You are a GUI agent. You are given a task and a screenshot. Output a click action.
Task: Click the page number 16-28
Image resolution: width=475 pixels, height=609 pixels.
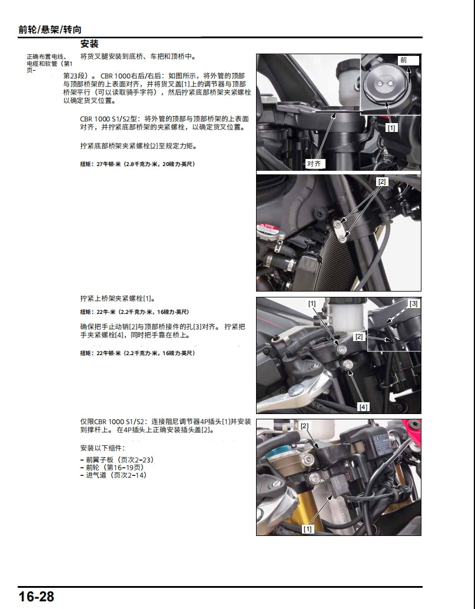(x=36, y=597)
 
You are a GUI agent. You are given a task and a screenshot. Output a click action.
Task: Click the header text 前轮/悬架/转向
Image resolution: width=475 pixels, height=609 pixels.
(x=50, y=29)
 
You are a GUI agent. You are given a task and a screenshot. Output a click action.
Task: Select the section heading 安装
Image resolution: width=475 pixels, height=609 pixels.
(x=89, y=44)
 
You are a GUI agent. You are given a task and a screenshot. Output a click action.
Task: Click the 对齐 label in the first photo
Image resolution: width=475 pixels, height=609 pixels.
(x=314, y=164)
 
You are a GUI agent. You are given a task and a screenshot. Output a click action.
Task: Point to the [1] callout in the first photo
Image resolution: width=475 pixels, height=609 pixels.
(x=391, y=127)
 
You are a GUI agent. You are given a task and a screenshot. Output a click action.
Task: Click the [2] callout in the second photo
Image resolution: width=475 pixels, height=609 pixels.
(x=383, y=182)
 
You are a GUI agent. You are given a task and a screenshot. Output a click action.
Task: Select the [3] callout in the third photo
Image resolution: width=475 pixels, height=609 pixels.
(x=414, y=303)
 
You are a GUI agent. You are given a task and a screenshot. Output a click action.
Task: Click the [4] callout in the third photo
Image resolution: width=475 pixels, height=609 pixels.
(x=364, y=406)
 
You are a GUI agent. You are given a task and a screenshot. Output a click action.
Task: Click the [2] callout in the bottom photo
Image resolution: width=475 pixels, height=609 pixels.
(x=304, y=426)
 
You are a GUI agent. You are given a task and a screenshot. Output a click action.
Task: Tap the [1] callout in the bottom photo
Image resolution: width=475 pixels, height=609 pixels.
(x=307, y=529)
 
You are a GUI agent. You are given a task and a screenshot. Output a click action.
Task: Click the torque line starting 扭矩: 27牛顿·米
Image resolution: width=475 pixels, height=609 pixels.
(x=137, y=164)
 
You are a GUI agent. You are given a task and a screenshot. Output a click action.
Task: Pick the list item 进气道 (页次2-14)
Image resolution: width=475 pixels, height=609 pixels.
(x=113, y=475)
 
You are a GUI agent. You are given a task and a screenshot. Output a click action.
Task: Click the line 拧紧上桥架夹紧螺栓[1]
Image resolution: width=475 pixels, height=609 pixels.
(x=117, y=299)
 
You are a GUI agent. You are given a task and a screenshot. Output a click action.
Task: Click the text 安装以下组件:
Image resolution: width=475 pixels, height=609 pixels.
(x=103, y=448)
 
